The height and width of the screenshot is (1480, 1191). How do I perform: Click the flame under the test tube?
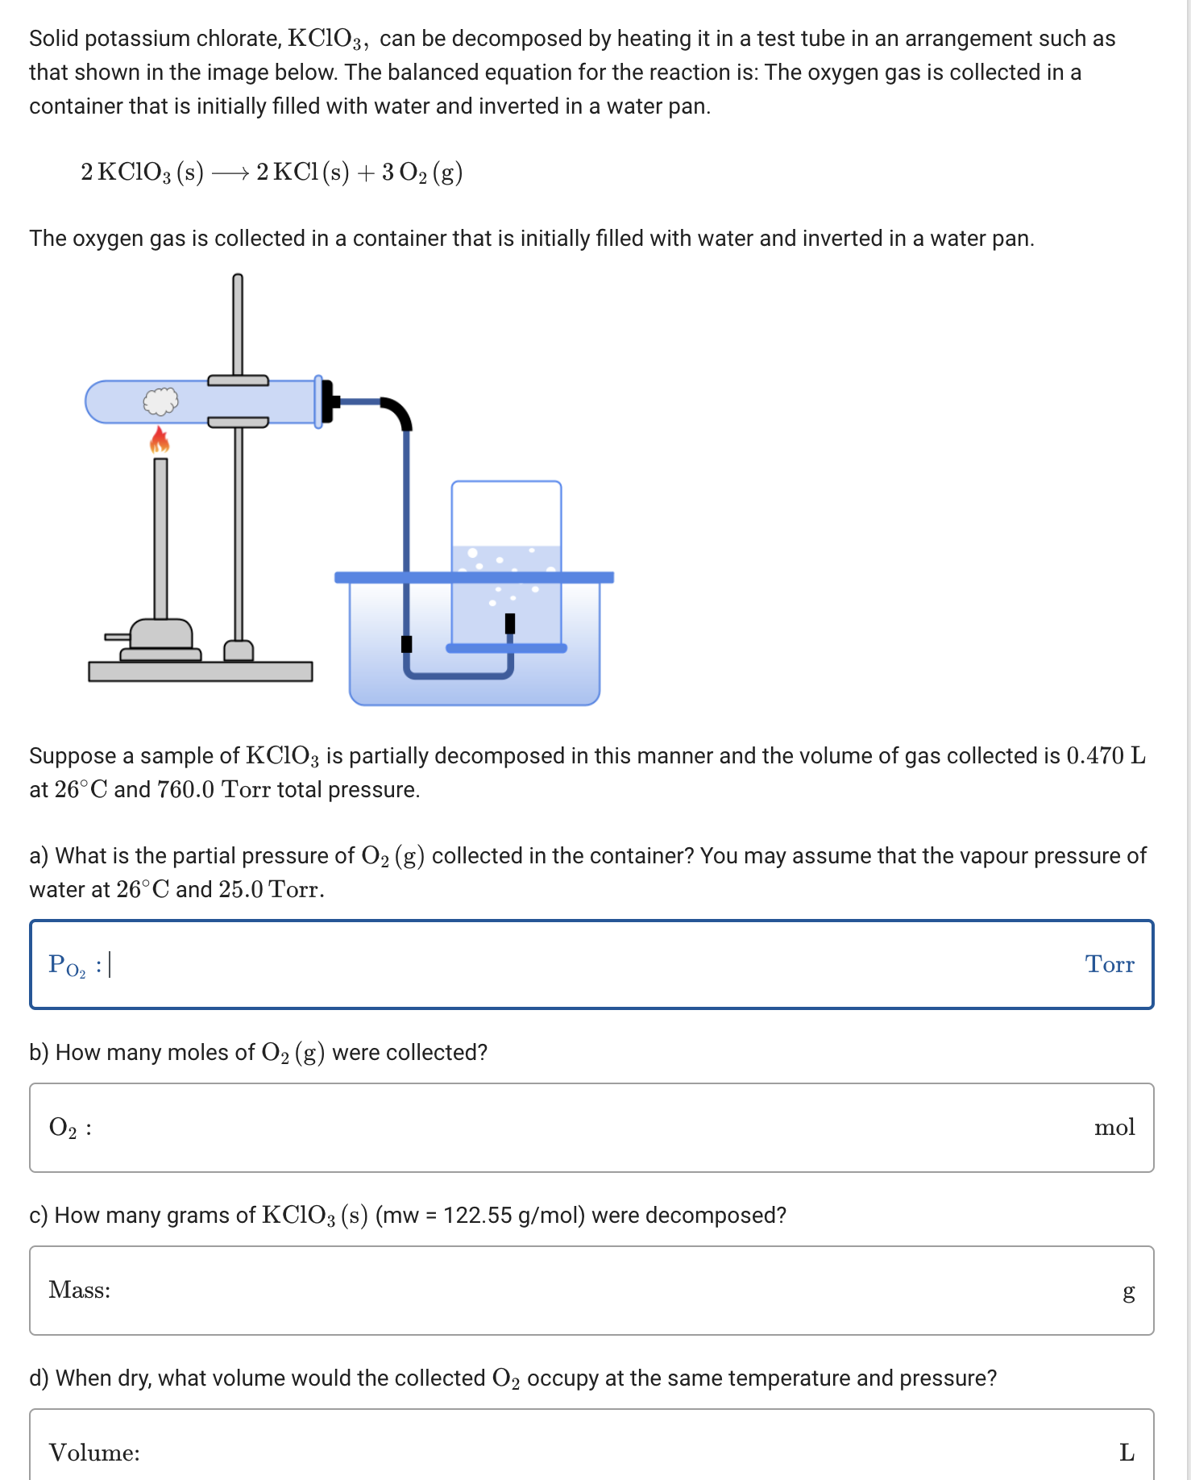[x=160, y=440]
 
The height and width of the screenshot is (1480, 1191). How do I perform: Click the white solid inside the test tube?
[x=160, y=401]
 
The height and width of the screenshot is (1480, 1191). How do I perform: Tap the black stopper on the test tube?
[x=327, y=401]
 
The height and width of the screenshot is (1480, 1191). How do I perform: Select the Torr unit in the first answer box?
[x=1109, y=964]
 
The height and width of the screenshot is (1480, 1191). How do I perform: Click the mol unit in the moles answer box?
[x=1114, y=1127]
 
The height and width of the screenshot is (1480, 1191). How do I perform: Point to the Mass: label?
[x=80, y=1290]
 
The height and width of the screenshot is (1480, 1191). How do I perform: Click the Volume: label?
[x=94, y=1453]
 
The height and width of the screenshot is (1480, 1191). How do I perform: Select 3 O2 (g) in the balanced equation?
[x=421, y=173]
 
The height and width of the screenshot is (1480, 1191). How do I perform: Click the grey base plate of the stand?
[x=200, y=671]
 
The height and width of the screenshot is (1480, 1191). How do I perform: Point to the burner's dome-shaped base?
[x=161, y=634]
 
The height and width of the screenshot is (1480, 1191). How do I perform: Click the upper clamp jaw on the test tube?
[x=238, y=380]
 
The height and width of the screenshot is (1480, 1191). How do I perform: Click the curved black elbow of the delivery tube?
[x=398, y=412]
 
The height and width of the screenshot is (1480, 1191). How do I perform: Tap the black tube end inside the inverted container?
[x=509, y=623]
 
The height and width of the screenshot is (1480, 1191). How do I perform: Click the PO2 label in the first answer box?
[x=67, y=965]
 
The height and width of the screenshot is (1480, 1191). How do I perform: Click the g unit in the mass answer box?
[x=1128, y=1291]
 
